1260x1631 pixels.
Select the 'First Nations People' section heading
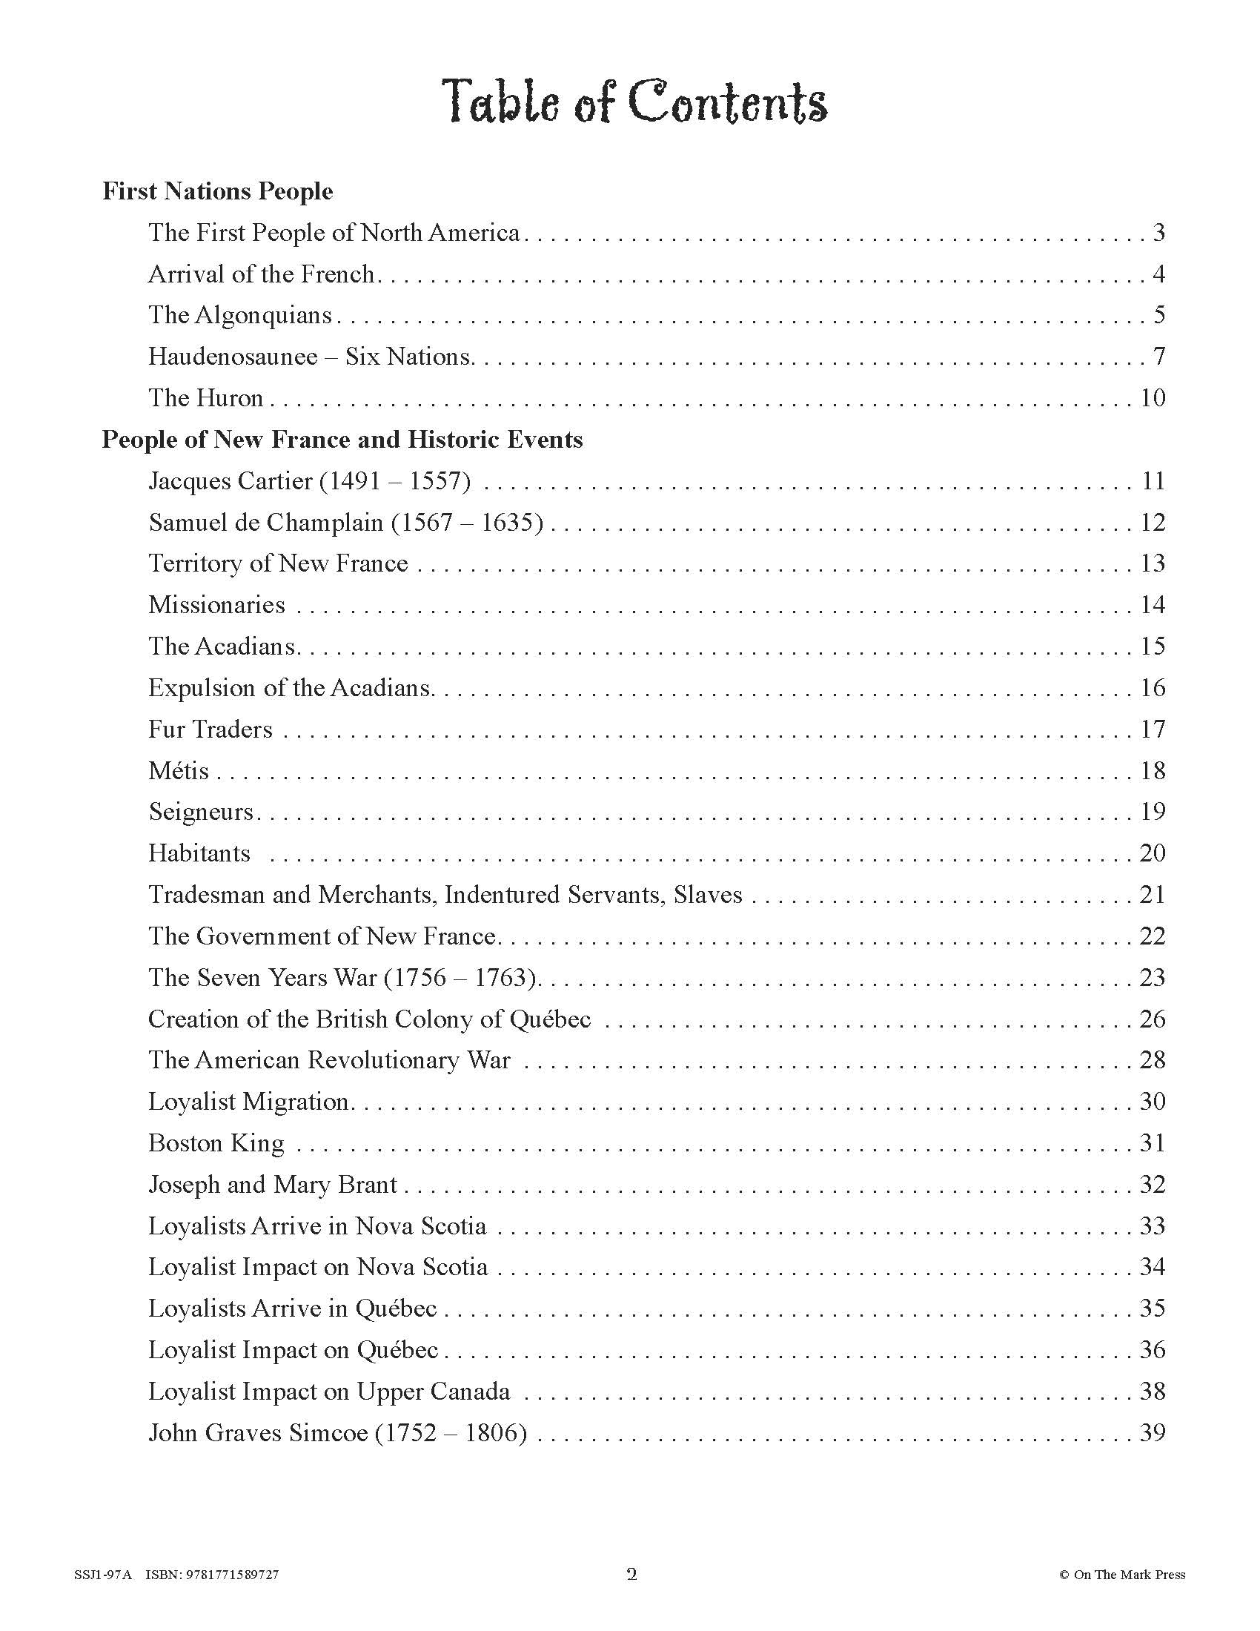click(x=217, y=192)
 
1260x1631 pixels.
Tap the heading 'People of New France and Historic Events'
click(x=342, y=440)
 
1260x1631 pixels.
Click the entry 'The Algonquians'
click(x=239, y=315)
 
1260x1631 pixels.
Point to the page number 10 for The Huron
click(x=1153, y=398)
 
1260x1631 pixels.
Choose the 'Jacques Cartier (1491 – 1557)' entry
click(x=309, y=481)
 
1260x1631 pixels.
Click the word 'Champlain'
click(x=324, y=523)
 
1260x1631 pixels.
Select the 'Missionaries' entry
click(x=216, y=605)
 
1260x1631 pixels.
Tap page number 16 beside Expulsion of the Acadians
click(x=1153, y=688)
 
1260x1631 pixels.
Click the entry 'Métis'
click(x=179, y=771)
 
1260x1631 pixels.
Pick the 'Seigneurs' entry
click(x=202, y=812)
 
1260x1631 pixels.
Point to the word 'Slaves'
click(x=708, y=895)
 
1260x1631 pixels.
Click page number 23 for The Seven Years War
click(x=1153, y=978)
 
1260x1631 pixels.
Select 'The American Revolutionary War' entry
click(x=329, y=1060)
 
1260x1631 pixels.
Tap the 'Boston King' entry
click(x=216, y=1143)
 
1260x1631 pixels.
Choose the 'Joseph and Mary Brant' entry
click(x=273, y=1185)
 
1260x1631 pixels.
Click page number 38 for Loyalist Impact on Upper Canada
click(x=1153, y=1392)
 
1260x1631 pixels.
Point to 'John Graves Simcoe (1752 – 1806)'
click(x=337, y=1433)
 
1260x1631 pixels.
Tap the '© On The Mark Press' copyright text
click(x=1121, y=1575)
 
